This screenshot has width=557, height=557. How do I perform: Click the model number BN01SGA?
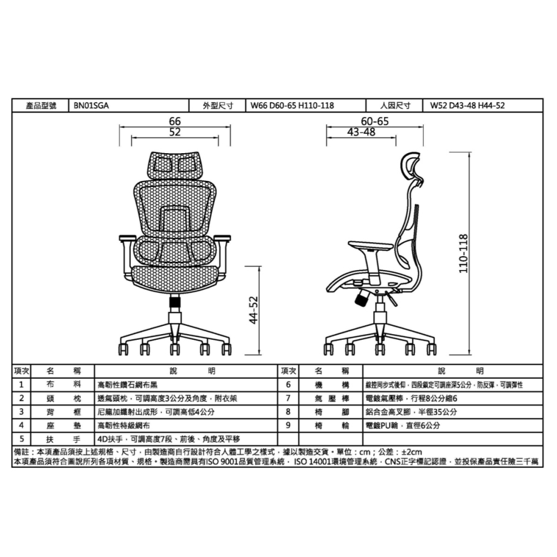[x=89, y=105]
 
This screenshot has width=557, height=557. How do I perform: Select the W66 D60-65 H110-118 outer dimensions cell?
[x=292, y=105]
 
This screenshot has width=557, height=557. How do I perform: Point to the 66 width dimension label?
[x=175, y=121]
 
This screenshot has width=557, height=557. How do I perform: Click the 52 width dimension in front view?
[x=175, y=131]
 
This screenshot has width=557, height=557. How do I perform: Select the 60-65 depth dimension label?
[x=375, y=121]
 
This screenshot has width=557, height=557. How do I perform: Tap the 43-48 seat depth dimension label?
[x=361, y=131]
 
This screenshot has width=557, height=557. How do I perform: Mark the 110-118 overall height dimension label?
[x=463, y=253]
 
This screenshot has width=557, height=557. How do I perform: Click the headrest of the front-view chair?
[x=174, y=163]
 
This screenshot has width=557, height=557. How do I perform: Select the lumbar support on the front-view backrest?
[x=174, y=218]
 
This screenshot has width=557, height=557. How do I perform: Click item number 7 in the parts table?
[x=287, y=398]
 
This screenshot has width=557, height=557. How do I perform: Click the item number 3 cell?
[x=21, y=412]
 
